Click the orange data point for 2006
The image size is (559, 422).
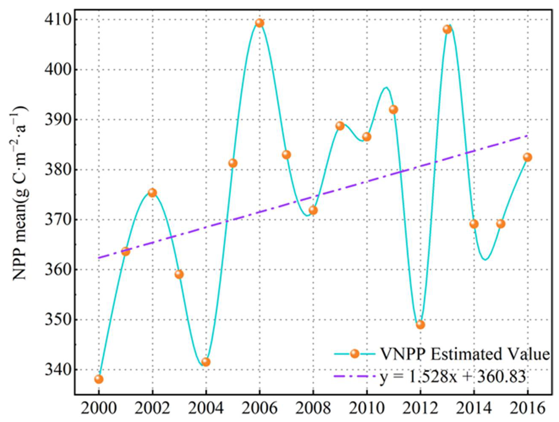[259, 23]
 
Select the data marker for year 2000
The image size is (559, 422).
[99, 379]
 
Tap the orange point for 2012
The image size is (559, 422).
[420, 325]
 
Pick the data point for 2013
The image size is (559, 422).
[447, 29]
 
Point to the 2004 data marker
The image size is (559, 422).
[206, 362]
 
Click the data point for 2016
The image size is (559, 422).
[527, 157]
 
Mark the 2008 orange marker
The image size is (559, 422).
[313, 210]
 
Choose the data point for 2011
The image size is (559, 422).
[394, 110]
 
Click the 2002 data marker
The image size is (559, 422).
[152, 193]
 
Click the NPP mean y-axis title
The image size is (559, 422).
[20, 192]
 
